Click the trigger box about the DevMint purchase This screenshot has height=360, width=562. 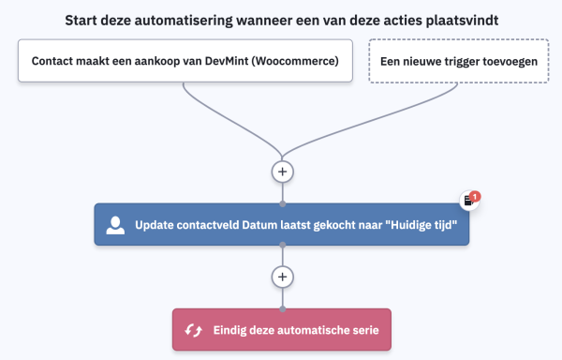point(185,61)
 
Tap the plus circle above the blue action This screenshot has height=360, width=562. point(282,172)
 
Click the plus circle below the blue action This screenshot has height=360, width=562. point(282,277)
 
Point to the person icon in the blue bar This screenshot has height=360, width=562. point(116,225)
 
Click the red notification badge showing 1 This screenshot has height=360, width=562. point(476,196)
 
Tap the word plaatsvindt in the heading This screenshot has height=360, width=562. point(459,19)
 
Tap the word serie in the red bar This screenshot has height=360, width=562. point(368,330)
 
